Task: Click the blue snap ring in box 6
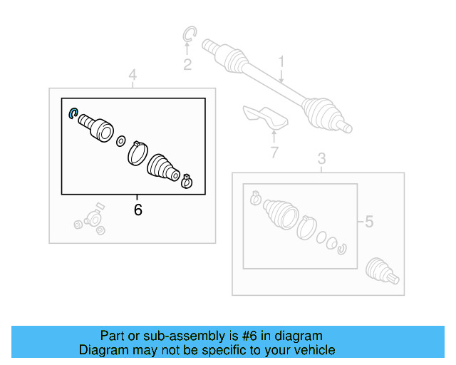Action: (72, 113)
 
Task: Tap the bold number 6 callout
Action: (138, 210)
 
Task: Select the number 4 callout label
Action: (133, 75)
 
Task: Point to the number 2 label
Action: (187, 66)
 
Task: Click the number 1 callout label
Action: (281, 62)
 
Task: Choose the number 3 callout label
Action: (321, 158)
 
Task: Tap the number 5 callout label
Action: (368, 222)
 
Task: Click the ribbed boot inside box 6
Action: (164, 168)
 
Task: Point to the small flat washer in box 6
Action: (120, 140)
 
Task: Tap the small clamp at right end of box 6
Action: (187, 181)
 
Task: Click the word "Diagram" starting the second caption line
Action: (103, 350)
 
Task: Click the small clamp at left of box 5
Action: (255, 199)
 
